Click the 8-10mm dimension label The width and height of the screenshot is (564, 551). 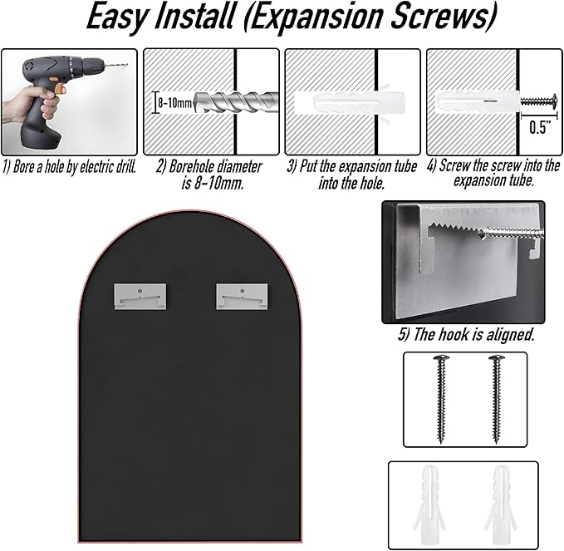coord(174,103)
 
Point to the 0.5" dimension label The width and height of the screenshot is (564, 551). coord(540,127)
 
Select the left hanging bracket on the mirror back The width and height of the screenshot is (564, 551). coord(140,296)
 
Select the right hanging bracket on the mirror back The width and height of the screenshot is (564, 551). coord(242,296)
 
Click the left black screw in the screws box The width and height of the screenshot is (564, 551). coord(441,399)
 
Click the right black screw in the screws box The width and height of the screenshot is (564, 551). coord(497,399)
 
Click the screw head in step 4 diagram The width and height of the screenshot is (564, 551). coord(554,101)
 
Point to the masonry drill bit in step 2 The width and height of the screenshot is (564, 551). coord(237,102)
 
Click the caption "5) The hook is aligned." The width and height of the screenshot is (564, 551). coord(466,334)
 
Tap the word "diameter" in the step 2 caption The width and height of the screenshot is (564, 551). coord(239,167)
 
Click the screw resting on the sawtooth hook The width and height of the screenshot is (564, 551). coord(513,233)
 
